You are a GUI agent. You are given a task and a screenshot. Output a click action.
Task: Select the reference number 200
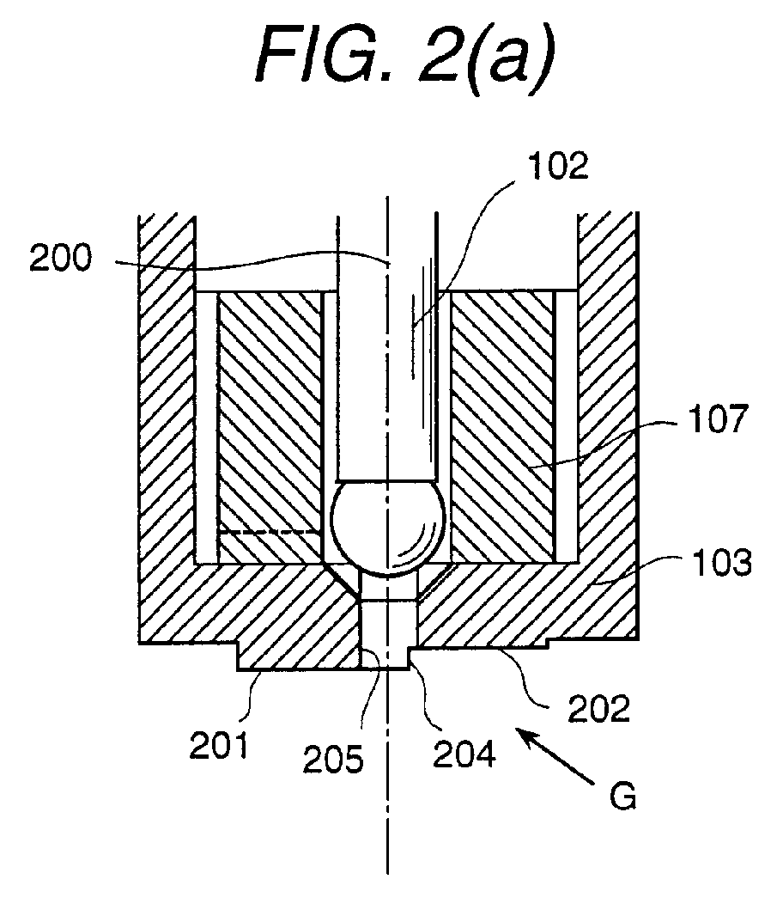coord(61,258)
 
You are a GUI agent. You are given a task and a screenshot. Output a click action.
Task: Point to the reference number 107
coord(719,418)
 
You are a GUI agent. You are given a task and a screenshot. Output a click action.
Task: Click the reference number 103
coord(722,563)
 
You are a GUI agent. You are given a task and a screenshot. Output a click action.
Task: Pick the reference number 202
coord(599,709)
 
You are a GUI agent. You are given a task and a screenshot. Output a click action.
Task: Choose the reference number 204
coord(464,754)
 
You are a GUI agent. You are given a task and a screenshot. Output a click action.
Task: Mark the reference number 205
coord(333,760)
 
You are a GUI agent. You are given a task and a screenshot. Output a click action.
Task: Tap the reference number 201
coord(219,745)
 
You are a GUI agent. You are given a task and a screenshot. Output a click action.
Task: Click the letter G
coord(622,795)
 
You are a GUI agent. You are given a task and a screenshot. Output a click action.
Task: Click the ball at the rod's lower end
coord(387,528)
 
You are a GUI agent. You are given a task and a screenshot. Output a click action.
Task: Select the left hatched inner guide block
coord(270,427)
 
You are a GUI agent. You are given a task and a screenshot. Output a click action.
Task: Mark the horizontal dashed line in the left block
coord(270,532)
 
